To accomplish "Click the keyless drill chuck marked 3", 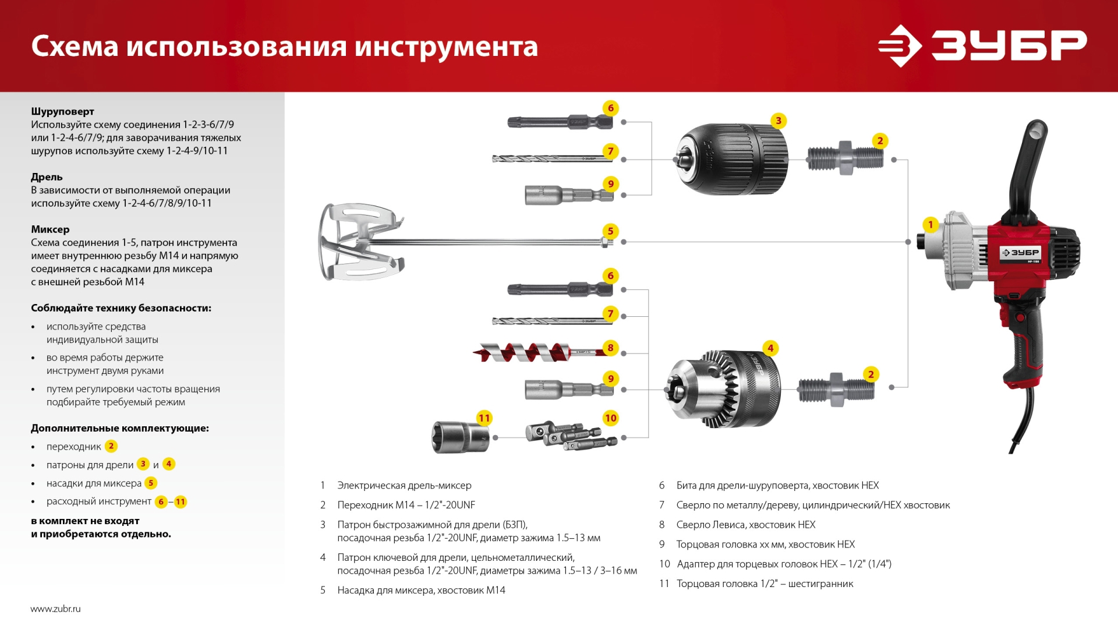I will point(731,159).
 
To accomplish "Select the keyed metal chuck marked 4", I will point(723,389).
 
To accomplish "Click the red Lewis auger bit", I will point(524,352).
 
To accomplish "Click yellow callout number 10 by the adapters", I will point(610,418).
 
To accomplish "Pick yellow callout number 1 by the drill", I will point(930,225).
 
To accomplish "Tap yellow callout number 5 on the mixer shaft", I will point(610,231).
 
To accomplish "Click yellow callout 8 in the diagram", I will point(610,348).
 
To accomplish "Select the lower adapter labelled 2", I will point(836,390).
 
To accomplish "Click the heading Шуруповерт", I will point(62,111).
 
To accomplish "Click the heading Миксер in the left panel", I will point(50,229).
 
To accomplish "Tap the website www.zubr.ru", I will point(55,609).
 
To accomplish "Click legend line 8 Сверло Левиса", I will point(745,525).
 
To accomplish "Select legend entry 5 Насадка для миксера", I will point(420,590).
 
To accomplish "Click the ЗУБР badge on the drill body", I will point(1020,253).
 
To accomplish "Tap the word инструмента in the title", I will point(446,47).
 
